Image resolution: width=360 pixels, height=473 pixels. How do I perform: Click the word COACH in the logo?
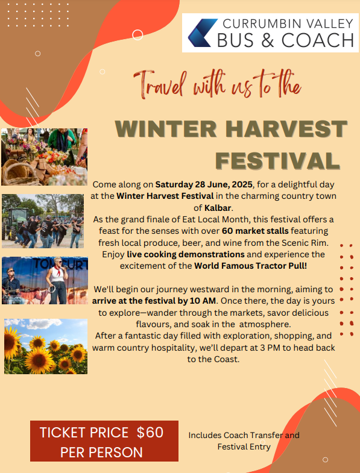point(318,40)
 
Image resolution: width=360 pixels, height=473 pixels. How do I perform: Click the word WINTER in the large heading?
point(166,129)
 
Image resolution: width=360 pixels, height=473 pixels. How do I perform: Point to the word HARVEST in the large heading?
point(286,129)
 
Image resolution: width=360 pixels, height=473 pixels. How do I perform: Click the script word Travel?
point(160,84)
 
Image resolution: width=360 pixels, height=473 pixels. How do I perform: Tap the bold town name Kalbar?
point(218,208)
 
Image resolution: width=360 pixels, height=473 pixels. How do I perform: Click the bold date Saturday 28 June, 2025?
point(206,184)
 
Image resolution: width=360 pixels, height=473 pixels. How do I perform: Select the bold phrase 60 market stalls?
point(255,231)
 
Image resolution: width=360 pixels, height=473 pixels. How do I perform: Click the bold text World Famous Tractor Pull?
point(250,266)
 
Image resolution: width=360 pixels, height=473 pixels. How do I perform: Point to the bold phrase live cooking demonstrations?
point(186,254)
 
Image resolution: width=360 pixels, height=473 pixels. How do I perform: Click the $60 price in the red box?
point(150,432)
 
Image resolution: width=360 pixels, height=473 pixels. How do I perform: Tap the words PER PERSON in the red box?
point(101,452)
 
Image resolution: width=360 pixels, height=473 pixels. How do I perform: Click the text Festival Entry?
point(244,446)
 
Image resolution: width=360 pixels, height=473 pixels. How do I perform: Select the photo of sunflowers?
point(46,346)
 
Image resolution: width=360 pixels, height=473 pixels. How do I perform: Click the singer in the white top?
point(57,281)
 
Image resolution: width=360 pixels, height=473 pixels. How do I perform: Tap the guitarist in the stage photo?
point(11,286)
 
